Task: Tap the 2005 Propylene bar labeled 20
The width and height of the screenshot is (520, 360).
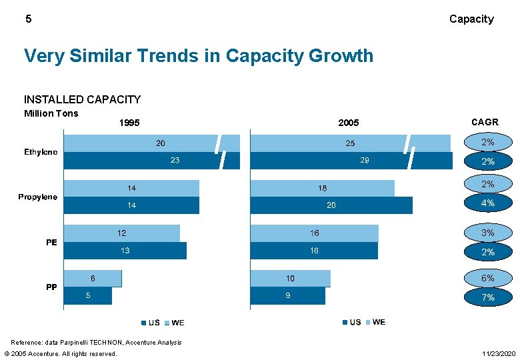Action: pyautogui.click(x=331, y=205)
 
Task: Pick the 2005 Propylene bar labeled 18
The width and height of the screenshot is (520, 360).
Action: pyautogui.click(x=322, y=189)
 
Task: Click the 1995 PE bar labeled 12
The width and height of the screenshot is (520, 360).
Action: pyautogui.click(x=122, y=233)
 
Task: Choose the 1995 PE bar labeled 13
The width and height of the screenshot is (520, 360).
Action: pyautogui.click(x=125, y=251)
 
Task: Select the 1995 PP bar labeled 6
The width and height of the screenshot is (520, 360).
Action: pyautogui.click(x=93, y=278)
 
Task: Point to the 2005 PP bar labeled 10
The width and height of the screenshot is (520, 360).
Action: pyautogui.click(x=290, y=278)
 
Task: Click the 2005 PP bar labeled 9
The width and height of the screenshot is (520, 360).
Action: pyautogui.click(x=287, y=295)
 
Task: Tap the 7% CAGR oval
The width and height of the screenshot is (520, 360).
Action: pyautogui.click(x=488, y=297)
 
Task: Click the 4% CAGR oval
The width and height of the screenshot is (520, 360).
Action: pyautogui.click(x=488, y=203)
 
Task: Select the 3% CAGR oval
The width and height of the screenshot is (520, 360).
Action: pyautogui.click(x=488, y=233)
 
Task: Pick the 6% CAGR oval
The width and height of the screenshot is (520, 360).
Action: pyautogui.click(x=488, y=278)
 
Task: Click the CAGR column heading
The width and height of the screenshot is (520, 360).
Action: pyautogui.click(x=485, y=122)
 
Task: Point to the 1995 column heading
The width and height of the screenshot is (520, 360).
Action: pyautogui.click(x=129, y=123)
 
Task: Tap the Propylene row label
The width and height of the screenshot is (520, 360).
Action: pyautogui.click(x=37, y=197)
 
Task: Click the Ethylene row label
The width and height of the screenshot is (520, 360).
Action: pyautogui.click(x=41, y=152)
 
